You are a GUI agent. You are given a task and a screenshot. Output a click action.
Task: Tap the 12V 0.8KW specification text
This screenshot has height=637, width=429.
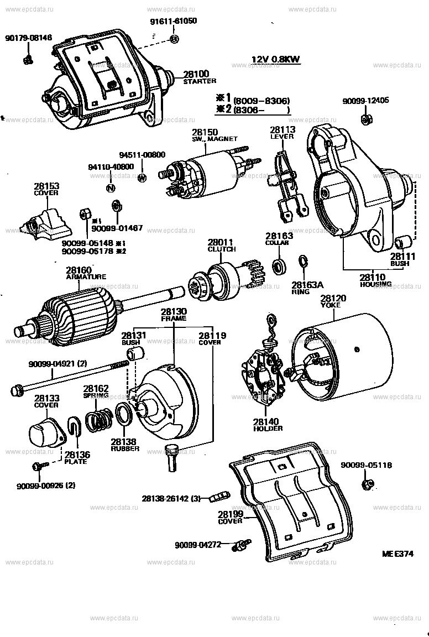coord(276,59)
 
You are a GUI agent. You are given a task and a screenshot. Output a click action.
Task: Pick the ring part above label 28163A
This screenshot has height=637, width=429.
coord(303,262)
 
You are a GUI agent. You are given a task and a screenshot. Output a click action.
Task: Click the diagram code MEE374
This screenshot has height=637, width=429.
coord(397,554)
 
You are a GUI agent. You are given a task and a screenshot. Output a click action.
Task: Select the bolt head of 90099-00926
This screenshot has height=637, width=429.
coord(36,467)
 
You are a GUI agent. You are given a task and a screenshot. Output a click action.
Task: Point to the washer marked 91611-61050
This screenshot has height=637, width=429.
coord(174,39)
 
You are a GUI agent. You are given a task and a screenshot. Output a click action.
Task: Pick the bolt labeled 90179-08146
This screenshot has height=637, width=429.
coord(27,59)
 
